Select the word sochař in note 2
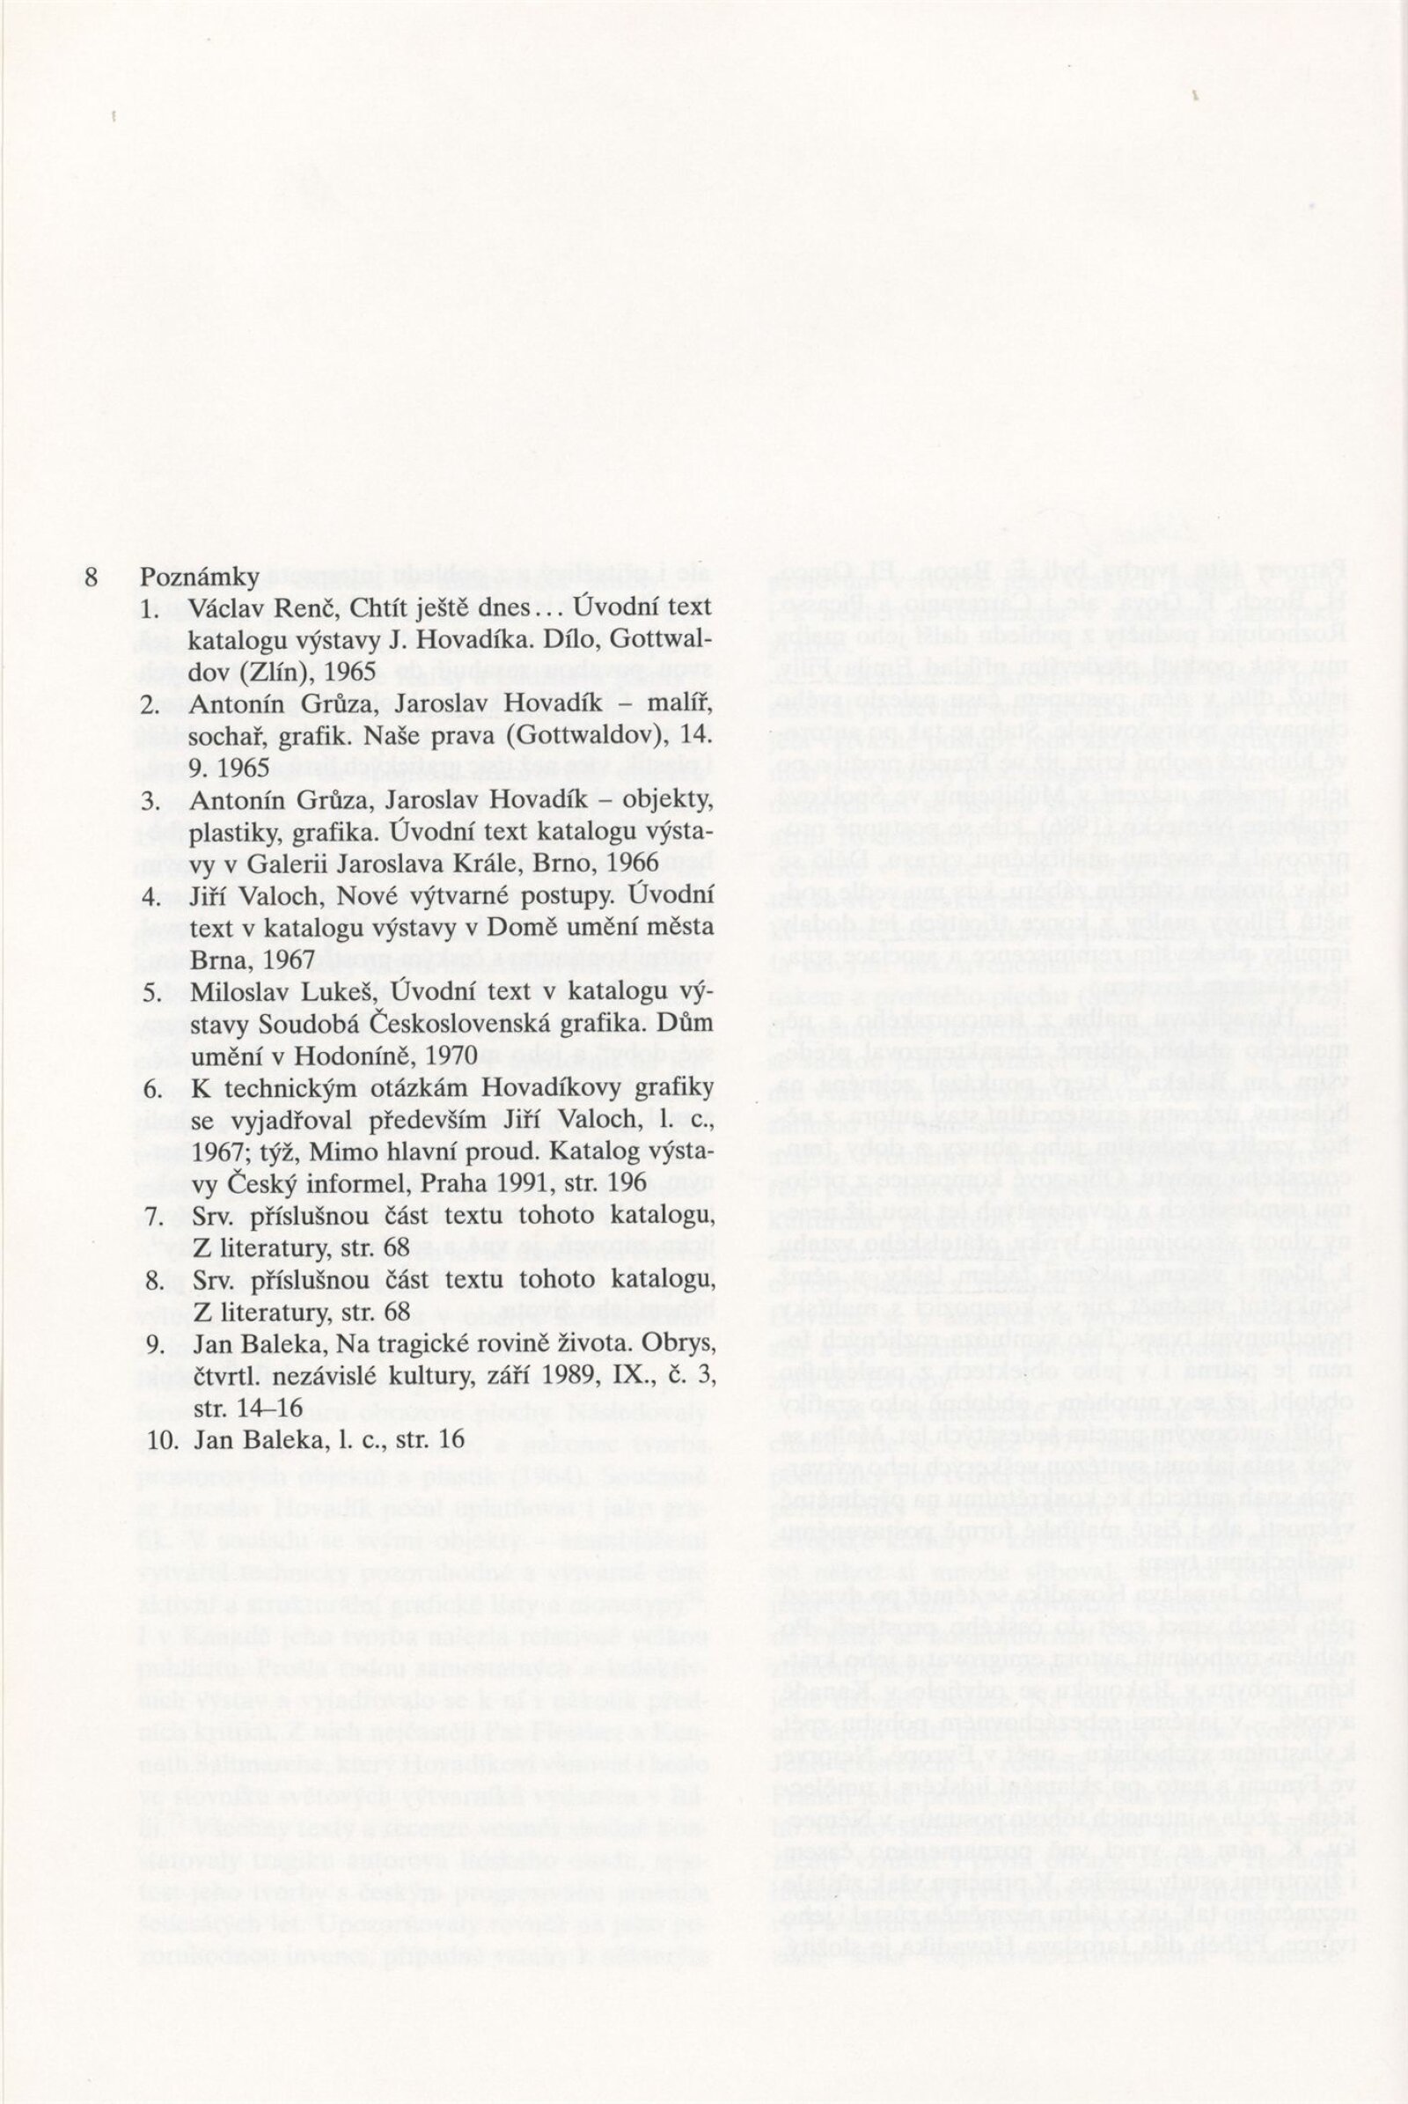click(x=224, y=732)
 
